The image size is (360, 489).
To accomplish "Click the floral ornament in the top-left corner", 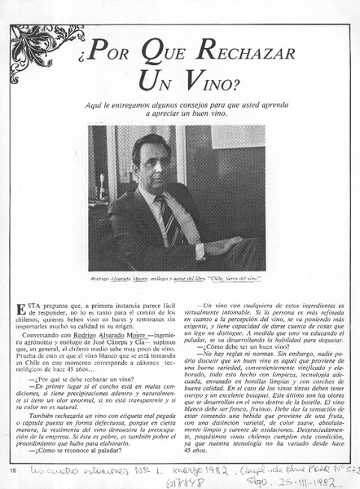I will click(x=36, y=45).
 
